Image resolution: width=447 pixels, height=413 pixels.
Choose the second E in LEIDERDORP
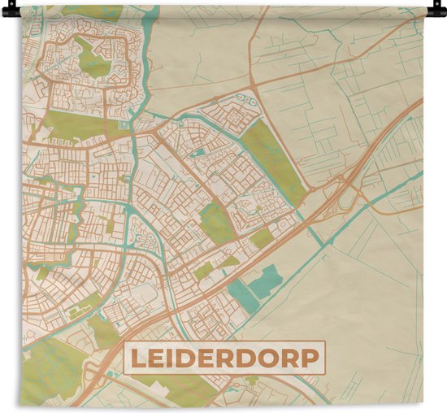(x=208, y=358)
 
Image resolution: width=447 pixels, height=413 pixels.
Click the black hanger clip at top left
(x=10, y=11)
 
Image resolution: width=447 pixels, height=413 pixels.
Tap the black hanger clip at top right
(x=436, y=11)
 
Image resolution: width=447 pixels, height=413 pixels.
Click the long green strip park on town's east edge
(x=275, y=159)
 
